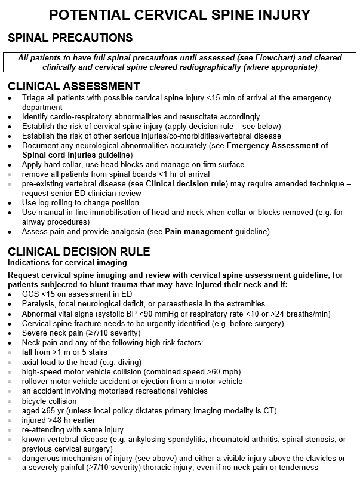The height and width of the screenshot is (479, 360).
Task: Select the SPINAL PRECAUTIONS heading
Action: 70,38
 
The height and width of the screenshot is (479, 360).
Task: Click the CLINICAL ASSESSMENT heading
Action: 73,86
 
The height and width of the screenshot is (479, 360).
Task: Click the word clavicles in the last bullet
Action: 321,458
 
